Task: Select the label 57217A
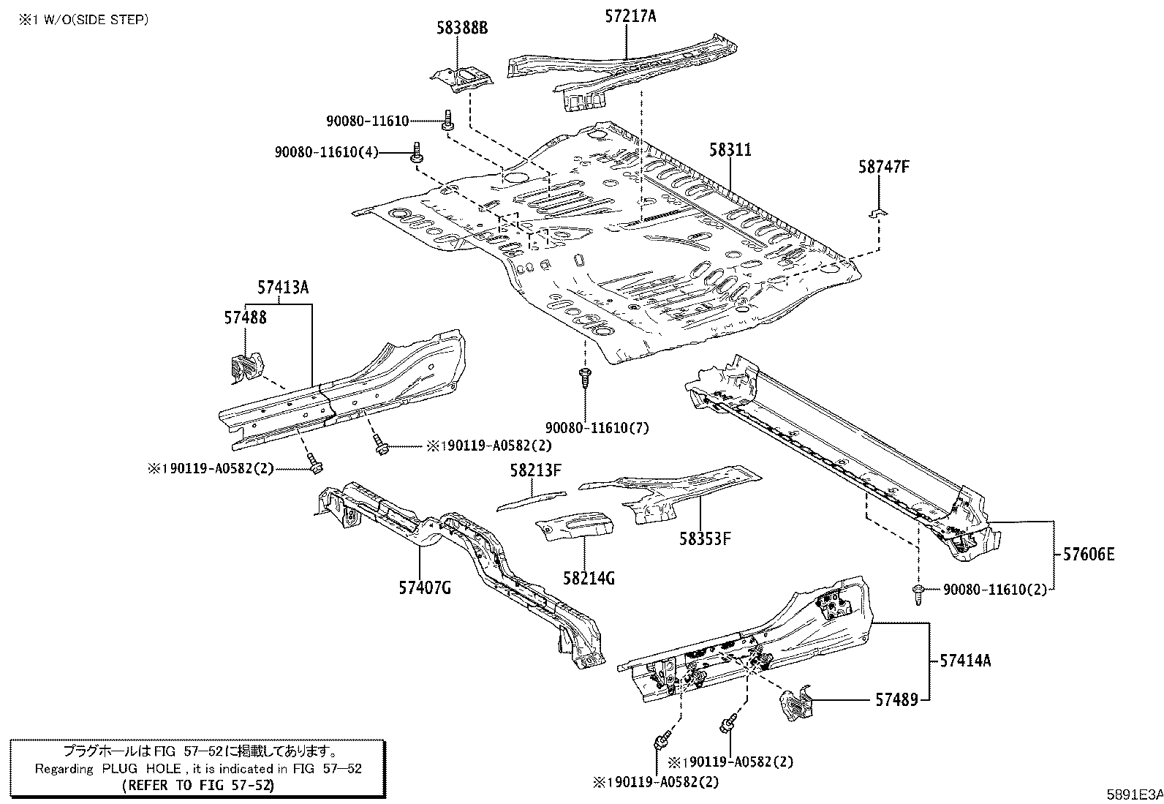coord(630,15)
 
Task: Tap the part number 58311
coord(730,150)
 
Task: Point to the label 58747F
coord(883,167)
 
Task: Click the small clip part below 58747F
coord(877,213)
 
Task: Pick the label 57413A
coord(282,288)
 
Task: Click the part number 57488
coord(245,318)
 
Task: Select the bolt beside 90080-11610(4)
coord(417,153)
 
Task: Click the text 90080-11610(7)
coord(597,427)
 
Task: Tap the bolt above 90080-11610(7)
coord(584,378)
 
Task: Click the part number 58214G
coord(589,579)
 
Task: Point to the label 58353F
coord(705,540)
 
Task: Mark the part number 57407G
coord(425,586)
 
